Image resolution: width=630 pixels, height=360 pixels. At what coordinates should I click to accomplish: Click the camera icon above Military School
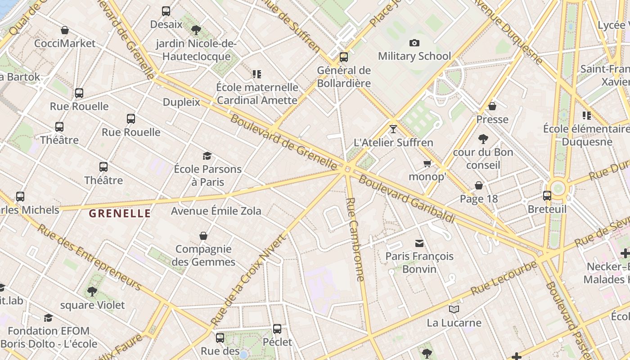414,43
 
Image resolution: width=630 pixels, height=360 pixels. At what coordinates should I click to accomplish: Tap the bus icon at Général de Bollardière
344,57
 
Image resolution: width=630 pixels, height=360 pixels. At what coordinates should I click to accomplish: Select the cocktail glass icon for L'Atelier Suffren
393,129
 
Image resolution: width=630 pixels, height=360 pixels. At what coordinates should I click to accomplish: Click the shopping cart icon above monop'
427,163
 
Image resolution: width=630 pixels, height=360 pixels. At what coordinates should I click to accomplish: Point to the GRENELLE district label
120,214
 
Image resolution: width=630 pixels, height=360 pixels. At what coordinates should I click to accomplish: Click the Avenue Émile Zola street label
216,211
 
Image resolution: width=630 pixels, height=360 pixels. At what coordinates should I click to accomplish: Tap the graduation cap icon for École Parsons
207,156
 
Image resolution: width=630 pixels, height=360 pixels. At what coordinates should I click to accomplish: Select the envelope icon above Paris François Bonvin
419,243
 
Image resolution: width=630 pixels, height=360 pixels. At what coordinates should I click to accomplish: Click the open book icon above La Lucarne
454,309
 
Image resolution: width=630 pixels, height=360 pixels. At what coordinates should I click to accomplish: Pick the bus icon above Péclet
277,328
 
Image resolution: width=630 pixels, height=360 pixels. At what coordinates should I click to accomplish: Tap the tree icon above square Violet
92,292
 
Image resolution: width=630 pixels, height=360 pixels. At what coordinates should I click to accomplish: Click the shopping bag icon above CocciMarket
65,30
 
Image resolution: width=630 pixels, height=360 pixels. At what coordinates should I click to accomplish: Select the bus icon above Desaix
166,11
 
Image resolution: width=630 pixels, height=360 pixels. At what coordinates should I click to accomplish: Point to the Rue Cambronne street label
355,239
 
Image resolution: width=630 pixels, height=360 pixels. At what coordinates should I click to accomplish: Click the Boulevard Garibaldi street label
407,199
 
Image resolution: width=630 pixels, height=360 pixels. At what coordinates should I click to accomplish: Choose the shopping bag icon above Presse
492,106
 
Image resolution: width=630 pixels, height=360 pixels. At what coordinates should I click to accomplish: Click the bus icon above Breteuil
547,196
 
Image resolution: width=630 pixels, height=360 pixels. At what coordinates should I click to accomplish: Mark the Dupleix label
181,102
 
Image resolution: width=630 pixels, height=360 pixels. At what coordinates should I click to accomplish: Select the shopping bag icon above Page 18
479,185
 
